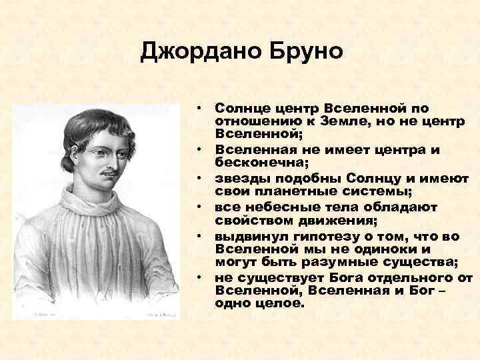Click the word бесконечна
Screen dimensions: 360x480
pos(258,162)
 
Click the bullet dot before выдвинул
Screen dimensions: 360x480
pos(199,237)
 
